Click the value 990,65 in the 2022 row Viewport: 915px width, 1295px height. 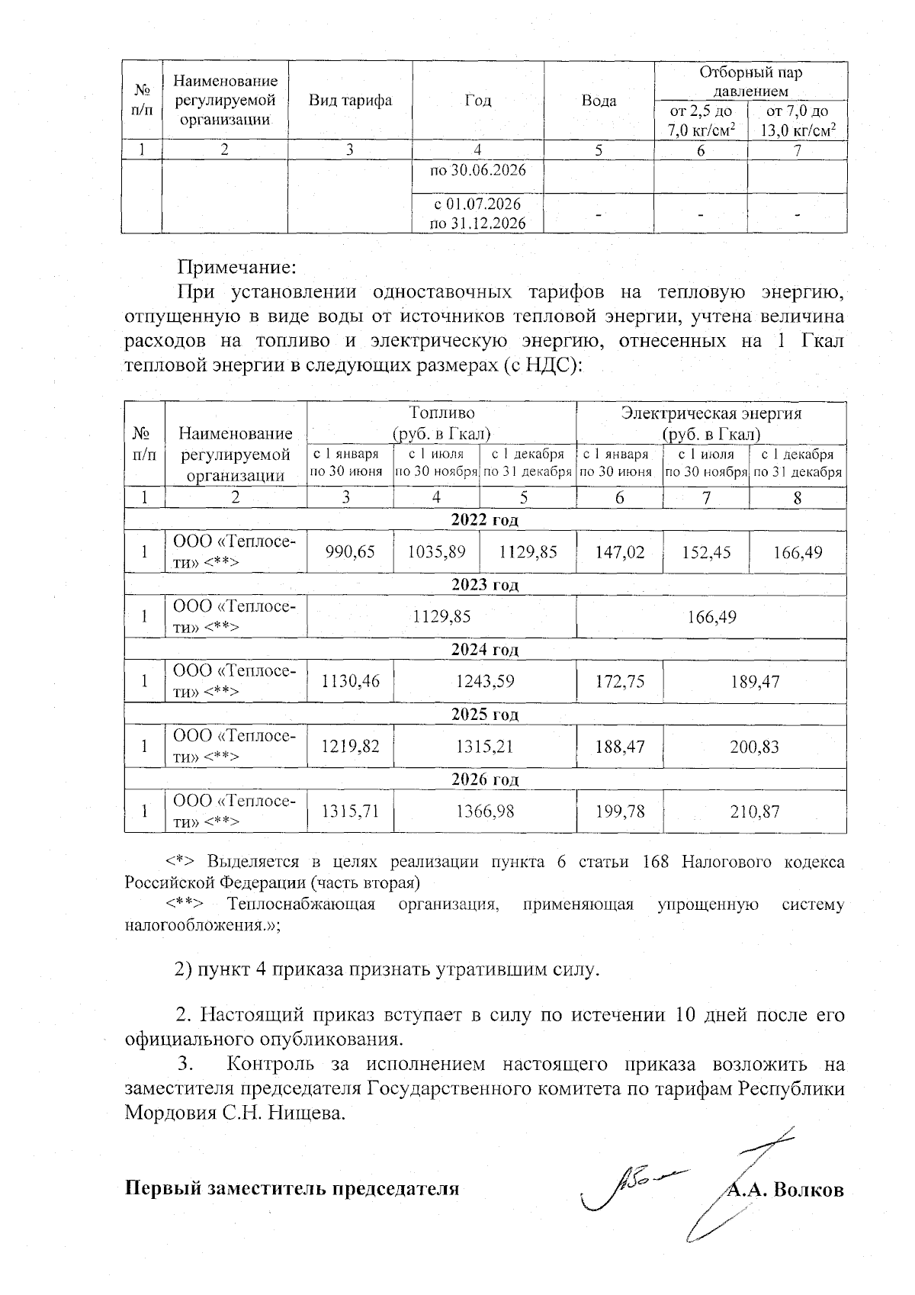coord(349,551)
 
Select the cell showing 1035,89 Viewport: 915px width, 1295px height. coord(436,551)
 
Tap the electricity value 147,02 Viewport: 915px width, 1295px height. coord(619,551)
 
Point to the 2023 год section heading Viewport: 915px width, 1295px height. coord(484,585)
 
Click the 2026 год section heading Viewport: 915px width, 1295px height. coord(484,779)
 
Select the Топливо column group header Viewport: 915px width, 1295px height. coord(441,423)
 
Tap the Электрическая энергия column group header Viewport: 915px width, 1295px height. coord(711,423)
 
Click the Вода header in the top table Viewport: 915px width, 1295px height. coord(599,101)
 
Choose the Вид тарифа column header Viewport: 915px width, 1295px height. coord(350,101)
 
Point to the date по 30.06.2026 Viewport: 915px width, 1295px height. coord(478,169)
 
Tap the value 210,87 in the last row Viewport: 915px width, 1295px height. coord(754,811)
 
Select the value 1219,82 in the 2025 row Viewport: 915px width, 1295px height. coord(349,747)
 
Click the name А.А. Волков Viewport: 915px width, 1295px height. coord(785,1190)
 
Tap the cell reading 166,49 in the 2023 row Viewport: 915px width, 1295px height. coord(711,616)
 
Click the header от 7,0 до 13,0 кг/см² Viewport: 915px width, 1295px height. coord(798,121)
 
